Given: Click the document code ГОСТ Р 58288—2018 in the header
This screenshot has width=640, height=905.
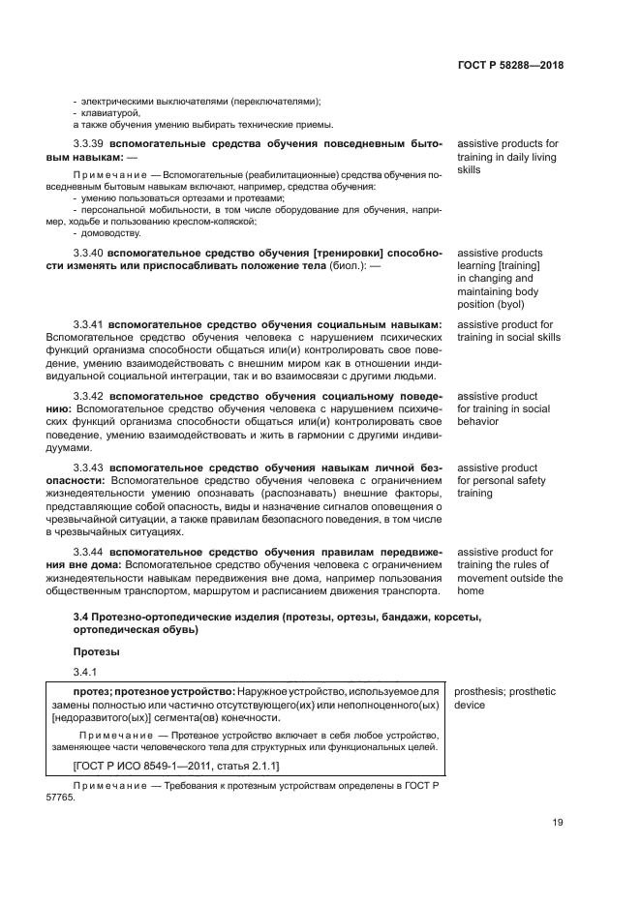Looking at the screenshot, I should click(x=509, y=66).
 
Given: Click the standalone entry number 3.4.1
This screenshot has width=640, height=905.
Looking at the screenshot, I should click(x=86, y=671).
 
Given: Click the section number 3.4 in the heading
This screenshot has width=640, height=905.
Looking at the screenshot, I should click(x=81, y=617).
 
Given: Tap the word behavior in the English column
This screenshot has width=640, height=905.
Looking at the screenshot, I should click(x=478, y=422).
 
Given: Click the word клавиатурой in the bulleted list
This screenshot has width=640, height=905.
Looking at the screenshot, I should click(x=110, y=112).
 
